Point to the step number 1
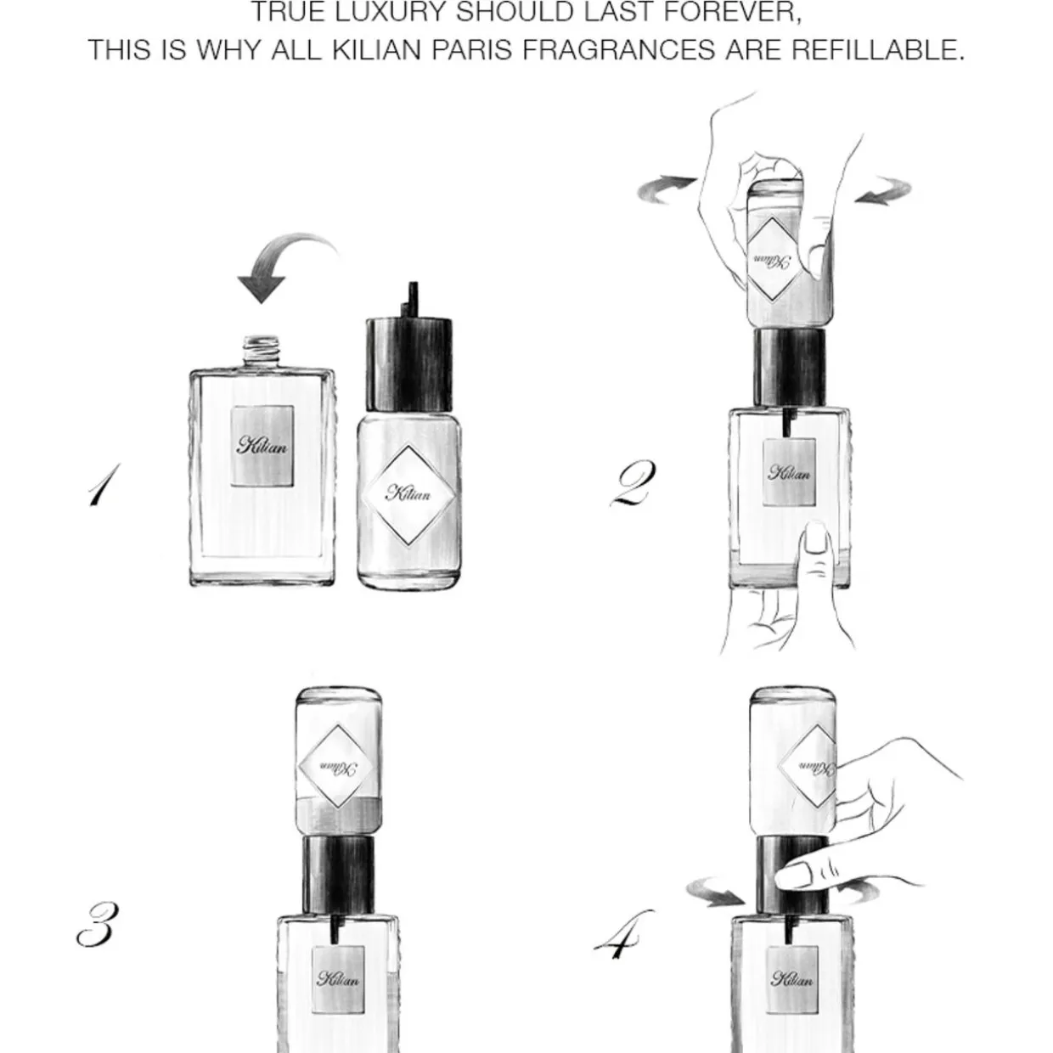click(x=104, y=484)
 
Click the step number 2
click(x=633, y=482)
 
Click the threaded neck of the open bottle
click(x=261, y=353)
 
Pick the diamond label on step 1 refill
click(x=409, y=495)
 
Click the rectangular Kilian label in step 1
click(x=262, y=445)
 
